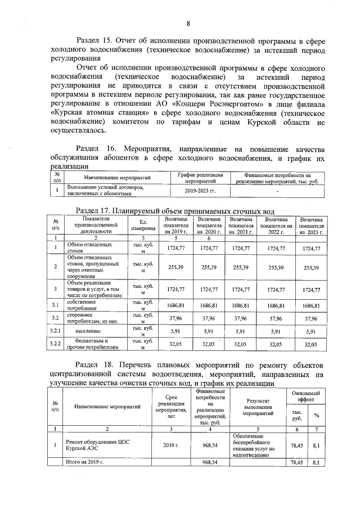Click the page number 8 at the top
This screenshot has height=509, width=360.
tap(188, 23)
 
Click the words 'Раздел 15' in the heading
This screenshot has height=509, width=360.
tap(96, 41)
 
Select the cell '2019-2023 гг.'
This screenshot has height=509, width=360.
tap(200, 191)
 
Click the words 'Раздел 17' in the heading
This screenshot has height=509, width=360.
tap(96, 210)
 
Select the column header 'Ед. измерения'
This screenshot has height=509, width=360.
tap(143, 224)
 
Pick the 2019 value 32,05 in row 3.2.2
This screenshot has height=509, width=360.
tap(176, 344)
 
